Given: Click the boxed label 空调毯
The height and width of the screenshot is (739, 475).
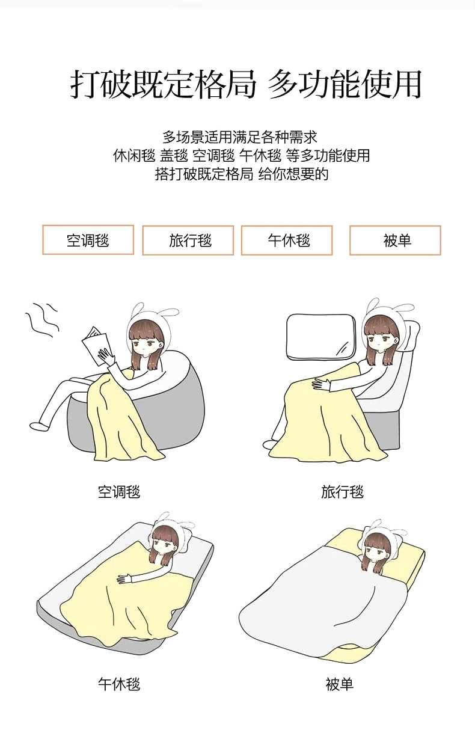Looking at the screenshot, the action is coord(88,240).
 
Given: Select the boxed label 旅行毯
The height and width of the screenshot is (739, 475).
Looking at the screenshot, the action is coord(188,240).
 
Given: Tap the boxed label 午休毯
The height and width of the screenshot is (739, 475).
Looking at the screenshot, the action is coord(287,240).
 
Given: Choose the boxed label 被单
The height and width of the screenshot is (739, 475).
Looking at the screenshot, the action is coord(395,240).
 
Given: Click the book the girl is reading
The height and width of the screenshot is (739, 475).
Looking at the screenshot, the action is coord(95,345).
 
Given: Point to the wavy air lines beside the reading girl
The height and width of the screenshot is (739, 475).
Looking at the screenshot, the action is coord(42,319).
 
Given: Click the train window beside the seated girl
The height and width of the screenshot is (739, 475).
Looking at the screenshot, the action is coord(320,337).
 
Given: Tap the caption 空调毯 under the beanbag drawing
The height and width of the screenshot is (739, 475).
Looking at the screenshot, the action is coord(119,492).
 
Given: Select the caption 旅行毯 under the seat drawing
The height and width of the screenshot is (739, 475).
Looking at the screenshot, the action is coord(342,492).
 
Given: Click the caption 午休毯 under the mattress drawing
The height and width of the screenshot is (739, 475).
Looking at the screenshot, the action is coord(119,684).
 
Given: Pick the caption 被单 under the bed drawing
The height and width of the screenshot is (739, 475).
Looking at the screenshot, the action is coord(340,684).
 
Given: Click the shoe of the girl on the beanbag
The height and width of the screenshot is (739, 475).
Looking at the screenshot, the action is coord(40,426).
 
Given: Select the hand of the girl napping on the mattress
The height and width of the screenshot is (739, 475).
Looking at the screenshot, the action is coord(124,578).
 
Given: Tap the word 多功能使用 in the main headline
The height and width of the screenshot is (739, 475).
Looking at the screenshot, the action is coord(345,84).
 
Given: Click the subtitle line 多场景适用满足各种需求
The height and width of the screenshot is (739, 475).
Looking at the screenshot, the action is coord(240,137).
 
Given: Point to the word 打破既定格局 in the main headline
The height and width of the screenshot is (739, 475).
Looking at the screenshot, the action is coord(163,84).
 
